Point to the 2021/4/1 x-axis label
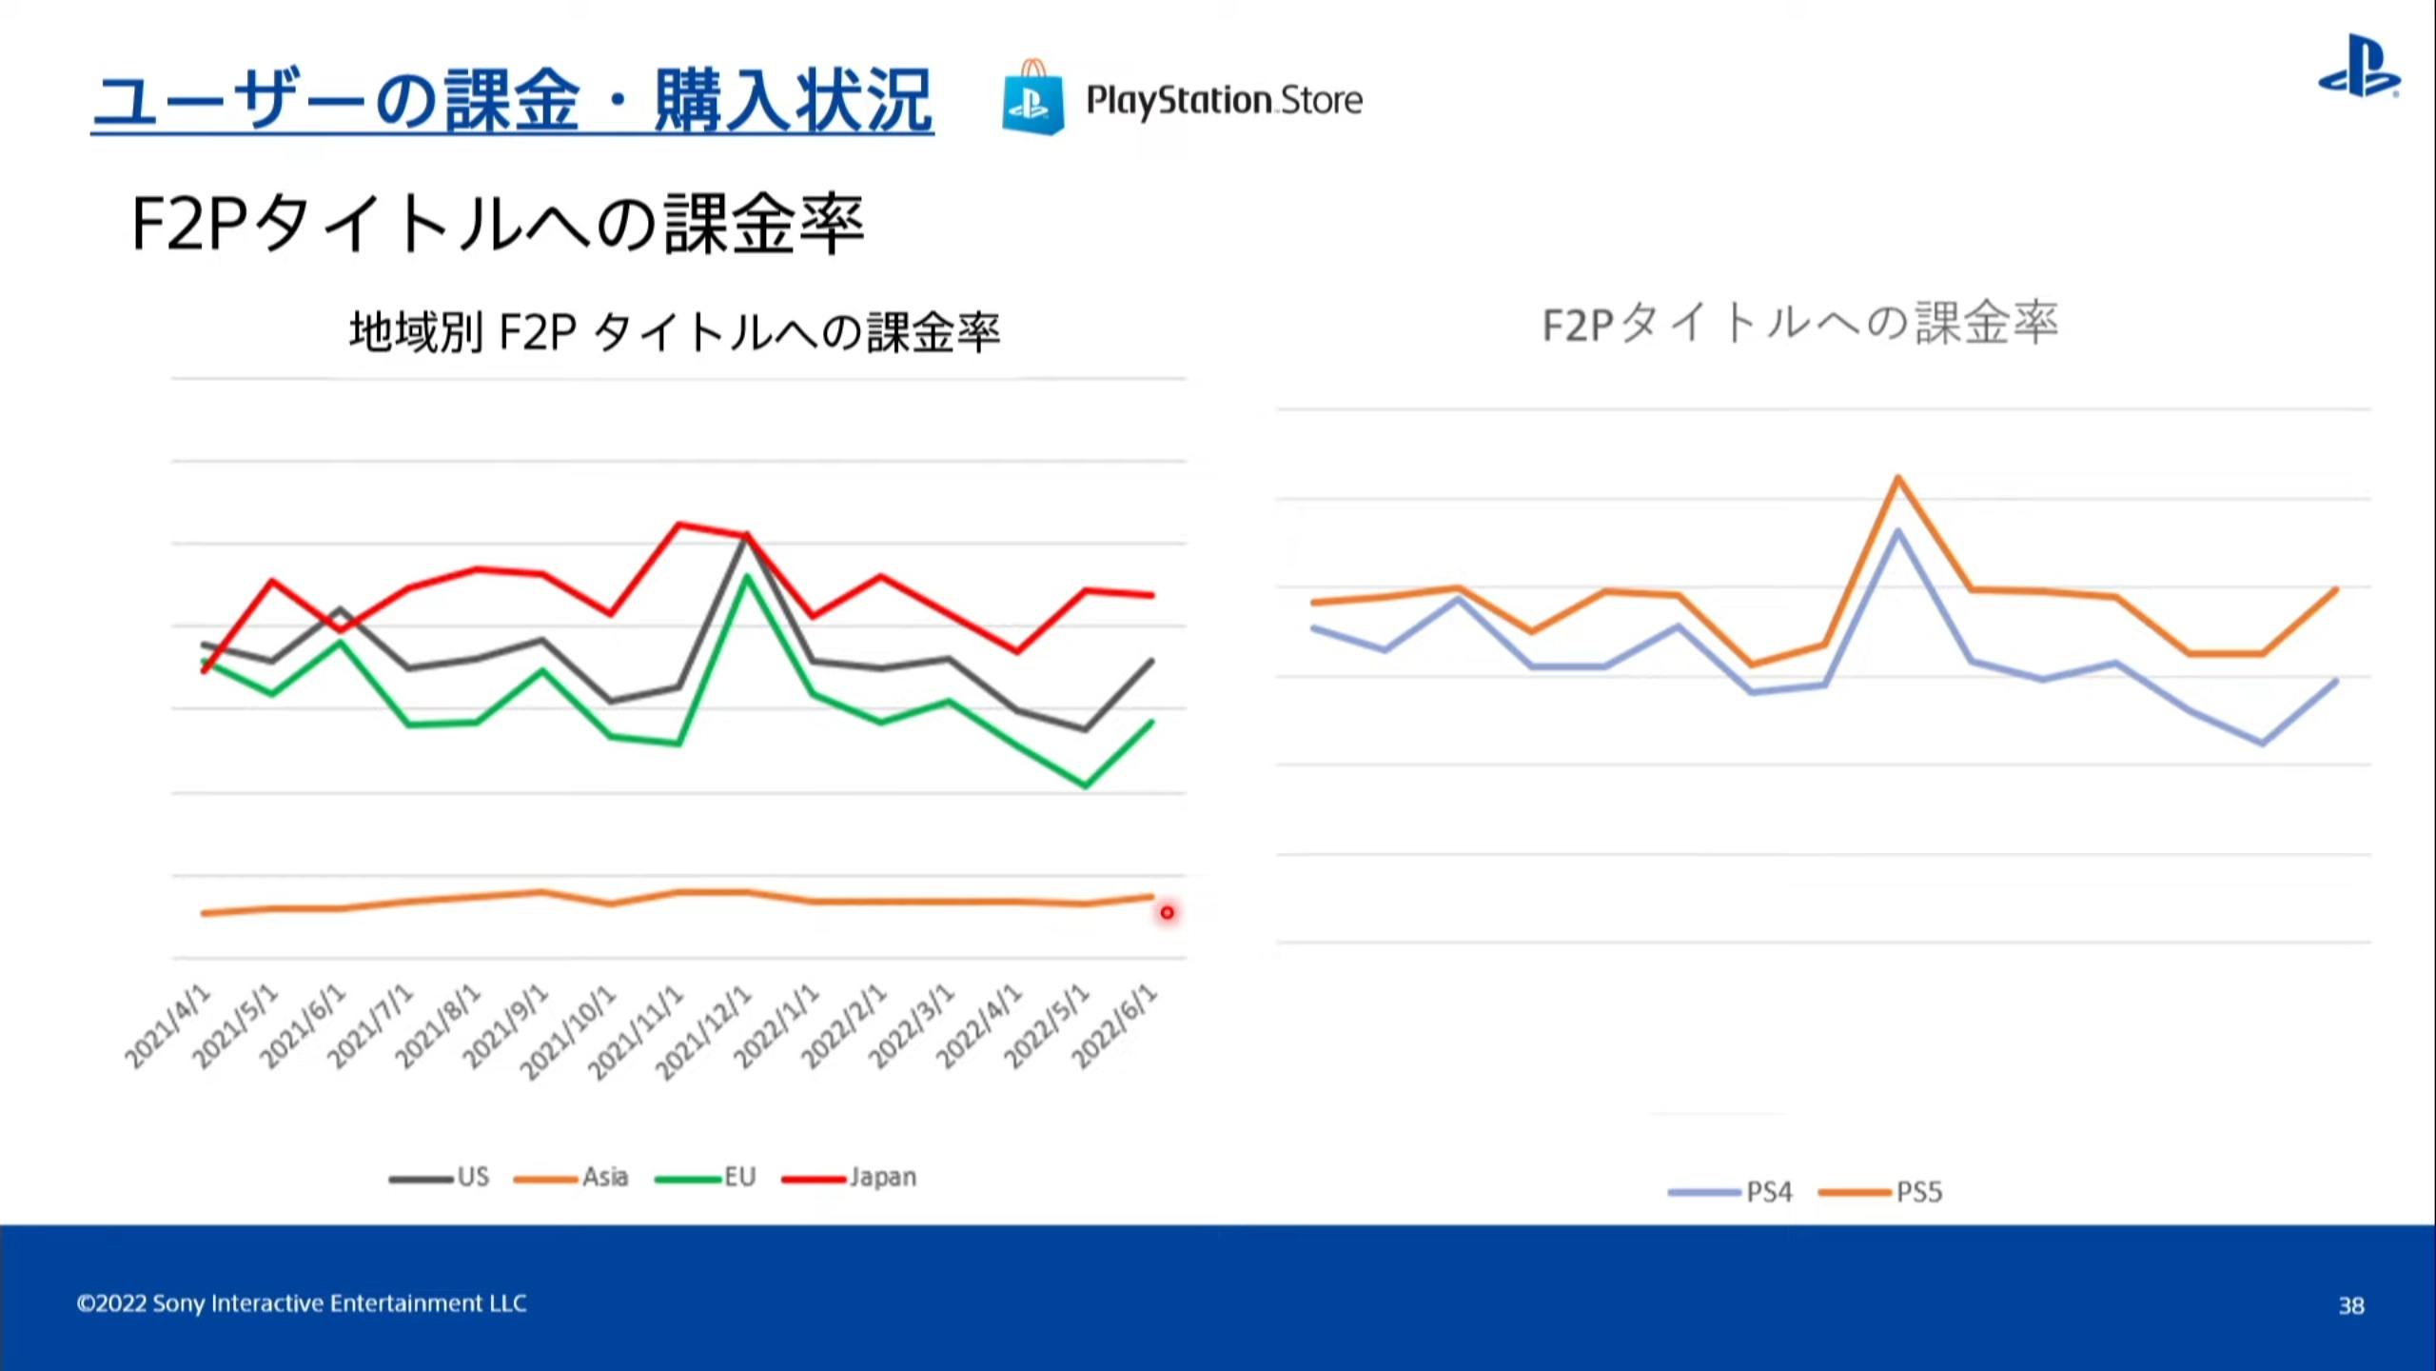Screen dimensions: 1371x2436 pos(168,1026)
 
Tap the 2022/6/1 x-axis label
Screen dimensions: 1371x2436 pos(1116,1026)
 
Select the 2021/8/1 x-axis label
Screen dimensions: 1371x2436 pos(439,1026)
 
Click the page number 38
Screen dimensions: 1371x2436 pos(2351,1305)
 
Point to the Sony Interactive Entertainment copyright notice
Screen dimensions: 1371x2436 pos(302,1303)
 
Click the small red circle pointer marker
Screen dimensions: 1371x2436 pos(1167,913)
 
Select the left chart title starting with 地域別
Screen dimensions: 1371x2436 pos(675,332)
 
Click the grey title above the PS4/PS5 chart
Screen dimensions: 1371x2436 pos(1799,324)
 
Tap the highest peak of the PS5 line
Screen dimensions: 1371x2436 pos(1897,478)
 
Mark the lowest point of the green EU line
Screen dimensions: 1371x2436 pos(1085,785)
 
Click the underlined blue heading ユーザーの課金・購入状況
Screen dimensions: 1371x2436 pos(512,101)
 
